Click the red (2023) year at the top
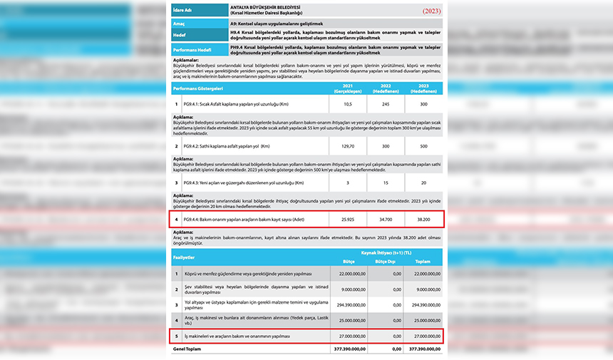click(431, 11)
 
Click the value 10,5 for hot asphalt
click(348, 104)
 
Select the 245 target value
click(386, 104)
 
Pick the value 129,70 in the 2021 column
click(348, 146)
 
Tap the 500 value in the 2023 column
click(423, 146)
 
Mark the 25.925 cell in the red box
click(348, 220)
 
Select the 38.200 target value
click(423, 220)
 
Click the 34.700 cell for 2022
click(386, 220)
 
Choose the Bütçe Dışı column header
click(384, 261)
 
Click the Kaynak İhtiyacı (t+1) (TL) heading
click(386, 253)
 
